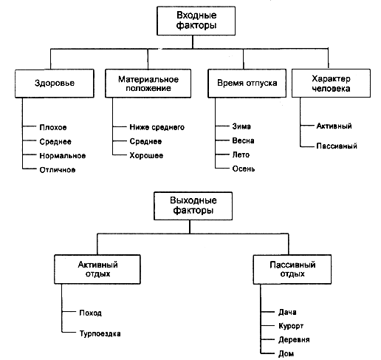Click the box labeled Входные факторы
[196, 21]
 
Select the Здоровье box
[55, 84]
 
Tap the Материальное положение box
[148, 84]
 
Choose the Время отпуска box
[247, 84]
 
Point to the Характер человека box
[331, 84]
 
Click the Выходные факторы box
[193, 206]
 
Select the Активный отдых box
[97, 269]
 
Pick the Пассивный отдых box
[292, 269]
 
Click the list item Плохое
[53, 127]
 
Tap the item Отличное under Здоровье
[58, 170]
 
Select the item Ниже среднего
[157, 127]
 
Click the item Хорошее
[146, 155]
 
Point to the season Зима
[241, 126]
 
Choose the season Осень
[244, 169]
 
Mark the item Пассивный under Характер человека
[337, 146]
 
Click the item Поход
[90, 313]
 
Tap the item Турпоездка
[100, 333]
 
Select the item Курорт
[291, 326]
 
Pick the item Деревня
[294, 340]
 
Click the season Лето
[241, 154]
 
